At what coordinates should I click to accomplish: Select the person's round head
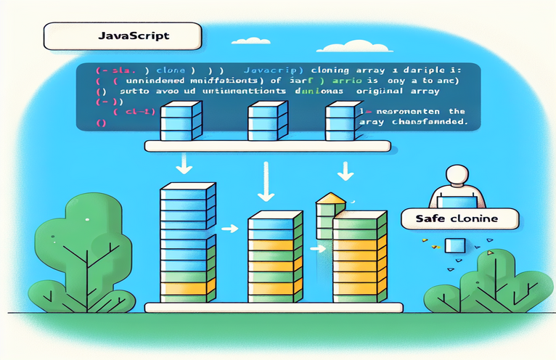tap(456, 175)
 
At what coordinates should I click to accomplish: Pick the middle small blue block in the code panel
tap(262, 120)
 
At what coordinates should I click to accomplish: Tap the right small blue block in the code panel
tap(340, 120)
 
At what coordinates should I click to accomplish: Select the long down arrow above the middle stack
tap(265, 186)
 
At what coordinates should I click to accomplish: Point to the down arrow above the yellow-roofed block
tap(346, 172)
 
